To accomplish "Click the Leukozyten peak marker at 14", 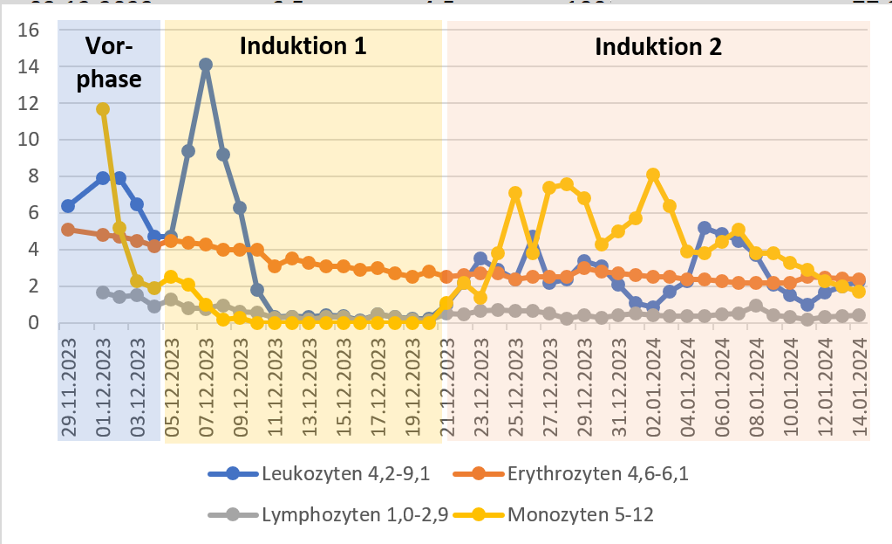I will tap(206, 65).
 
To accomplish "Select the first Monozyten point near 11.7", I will tap(103, 109).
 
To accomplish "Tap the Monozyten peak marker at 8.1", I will tap(653, 175).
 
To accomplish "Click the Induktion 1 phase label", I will tap(303, 45).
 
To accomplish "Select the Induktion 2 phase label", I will tap(657, 45).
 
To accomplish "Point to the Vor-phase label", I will tap(110, 63).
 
